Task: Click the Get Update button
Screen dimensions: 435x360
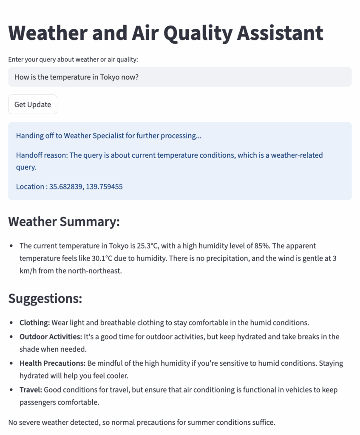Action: pyautogui.click(x=33, y=105)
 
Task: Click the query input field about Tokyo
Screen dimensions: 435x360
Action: pyautogui.click(x=180, y=77)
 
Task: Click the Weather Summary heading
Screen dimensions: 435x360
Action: pyautogui.click(x=64, y=222)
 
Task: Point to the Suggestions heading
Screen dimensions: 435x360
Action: pyautogui.click(x=45, y=298)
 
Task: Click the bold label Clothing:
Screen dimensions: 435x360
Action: pyautogui.click(x=35, y=322)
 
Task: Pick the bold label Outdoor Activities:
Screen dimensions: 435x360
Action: pyautogui.click(x=51, y=337)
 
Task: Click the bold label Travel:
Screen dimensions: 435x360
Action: pyautogui.click(x=31, y=390)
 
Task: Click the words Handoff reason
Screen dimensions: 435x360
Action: pyautogui.click(x=41, y=155)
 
